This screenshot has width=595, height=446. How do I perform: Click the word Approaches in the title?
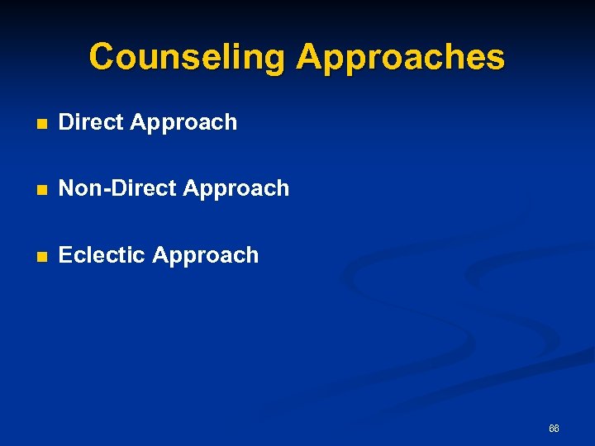(400, 58)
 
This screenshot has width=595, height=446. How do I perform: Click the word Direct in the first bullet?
(91, 122)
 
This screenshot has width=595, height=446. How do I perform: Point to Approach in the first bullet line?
(183, 123)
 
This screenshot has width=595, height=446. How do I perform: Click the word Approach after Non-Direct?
(236, 189)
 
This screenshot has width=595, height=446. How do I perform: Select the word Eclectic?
(102, 255)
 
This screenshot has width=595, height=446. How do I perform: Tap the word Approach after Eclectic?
(206, 256)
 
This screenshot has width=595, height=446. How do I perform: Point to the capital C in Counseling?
(102, 58)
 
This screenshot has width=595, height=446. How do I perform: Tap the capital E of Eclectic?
(65, 255)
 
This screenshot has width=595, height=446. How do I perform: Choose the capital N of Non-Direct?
(67, 188)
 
